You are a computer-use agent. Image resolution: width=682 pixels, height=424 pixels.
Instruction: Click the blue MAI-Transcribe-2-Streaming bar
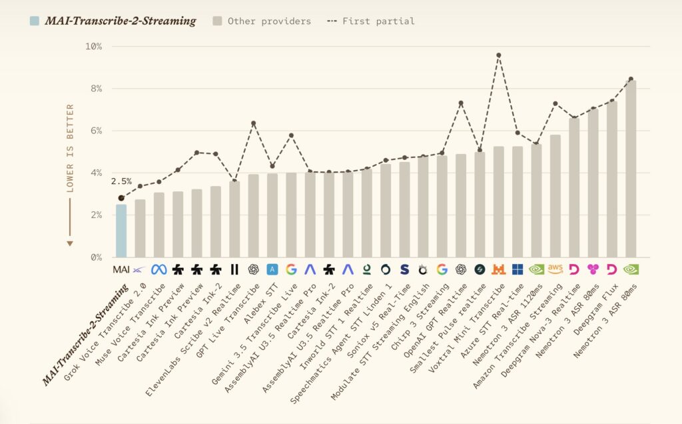pos(121,231)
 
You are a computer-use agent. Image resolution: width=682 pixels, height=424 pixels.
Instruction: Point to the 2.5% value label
pos(121,181)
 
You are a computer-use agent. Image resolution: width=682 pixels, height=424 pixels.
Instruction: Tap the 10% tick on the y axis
pos(94,46)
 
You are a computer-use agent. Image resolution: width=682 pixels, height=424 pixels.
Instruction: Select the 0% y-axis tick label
pos(96,257)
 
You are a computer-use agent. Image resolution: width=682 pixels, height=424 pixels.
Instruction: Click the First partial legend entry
pos(371,21)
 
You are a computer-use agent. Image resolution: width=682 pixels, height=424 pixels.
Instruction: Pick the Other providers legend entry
pos(262,21)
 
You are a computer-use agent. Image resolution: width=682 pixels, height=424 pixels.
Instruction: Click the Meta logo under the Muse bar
pos(159,270)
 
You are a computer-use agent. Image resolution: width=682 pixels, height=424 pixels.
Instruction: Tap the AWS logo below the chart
pos(555,269)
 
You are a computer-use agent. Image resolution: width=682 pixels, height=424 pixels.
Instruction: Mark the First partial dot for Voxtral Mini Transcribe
pos(498,55)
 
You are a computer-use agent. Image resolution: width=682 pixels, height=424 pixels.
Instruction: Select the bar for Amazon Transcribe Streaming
pos(555,196)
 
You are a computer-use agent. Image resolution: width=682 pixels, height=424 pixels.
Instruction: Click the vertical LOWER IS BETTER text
pos(70,148)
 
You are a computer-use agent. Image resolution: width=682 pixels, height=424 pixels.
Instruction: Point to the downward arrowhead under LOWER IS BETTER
pos(69,244)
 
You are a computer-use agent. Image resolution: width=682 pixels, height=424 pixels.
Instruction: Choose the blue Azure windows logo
pos(517,270)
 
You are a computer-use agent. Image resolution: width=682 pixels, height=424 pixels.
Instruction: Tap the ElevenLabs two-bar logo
pos(234,270)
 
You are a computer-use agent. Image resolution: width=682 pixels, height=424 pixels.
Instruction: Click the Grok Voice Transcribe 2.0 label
pos(105,332)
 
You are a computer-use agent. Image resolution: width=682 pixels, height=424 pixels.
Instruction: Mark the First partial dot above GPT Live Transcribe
pos(254,123)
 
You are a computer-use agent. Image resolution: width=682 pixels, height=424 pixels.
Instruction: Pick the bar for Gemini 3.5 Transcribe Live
pos(291,215)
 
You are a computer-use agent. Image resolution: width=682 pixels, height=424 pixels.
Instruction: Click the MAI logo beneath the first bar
pos(121,270)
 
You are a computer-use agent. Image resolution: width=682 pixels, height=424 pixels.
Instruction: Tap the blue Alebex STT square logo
pos(272,270)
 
